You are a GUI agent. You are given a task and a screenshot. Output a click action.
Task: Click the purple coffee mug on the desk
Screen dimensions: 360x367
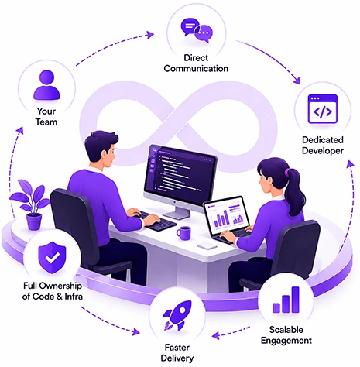[x=184, y=233]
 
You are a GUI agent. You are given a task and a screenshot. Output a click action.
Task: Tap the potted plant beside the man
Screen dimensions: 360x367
[x=31, y=204]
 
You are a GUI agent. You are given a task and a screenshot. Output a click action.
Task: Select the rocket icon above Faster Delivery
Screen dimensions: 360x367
[x=177, y=315]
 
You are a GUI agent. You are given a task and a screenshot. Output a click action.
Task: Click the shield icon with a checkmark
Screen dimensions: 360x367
[x=52, y=258]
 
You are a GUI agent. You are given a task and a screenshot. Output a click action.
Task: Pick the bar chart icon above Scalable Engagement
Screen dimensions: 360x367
[x=286, y=300]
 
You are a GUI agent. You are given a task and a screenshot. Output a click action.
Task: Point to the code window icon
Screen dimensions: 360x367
[x=323, y=108]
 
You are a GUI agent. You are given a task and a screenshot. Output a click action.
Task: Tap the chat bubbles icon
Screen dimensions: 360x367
[x=197, y=30]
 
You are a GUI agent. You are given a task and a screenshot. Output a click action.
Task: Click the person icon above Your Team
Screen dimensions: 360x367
[x=46, y=85]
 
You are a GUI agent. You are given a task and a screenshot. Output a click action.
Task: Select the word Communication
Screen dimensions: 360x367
[x=196, y=69]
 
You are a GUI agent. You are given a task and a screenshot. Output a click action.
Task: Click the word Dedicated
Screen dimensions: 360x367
[x=323, y=140]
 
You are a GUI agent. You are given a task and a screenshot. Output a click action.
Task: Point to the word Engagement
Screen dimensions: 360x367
[x=286, y=341]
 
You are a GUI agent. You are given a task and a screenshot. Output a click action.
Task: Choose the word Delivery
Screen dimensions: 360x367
[x=177, y=358]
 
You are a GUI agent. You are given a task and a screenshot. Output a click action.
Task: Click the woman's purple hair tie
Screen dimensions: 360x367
[x=286, y=172]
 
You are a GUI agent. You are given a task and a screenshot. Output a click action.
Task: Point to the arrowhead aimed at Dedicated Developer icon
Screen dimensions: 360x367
[x=297, y=81]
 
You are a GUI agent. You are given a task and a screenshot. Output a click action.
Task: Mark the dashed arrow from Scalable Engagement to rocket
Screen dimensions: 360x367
[x=231, y=332]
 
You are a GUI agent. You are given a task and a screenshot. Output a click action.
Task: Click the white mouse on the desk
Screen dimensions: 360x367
[x=207, y=245]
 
